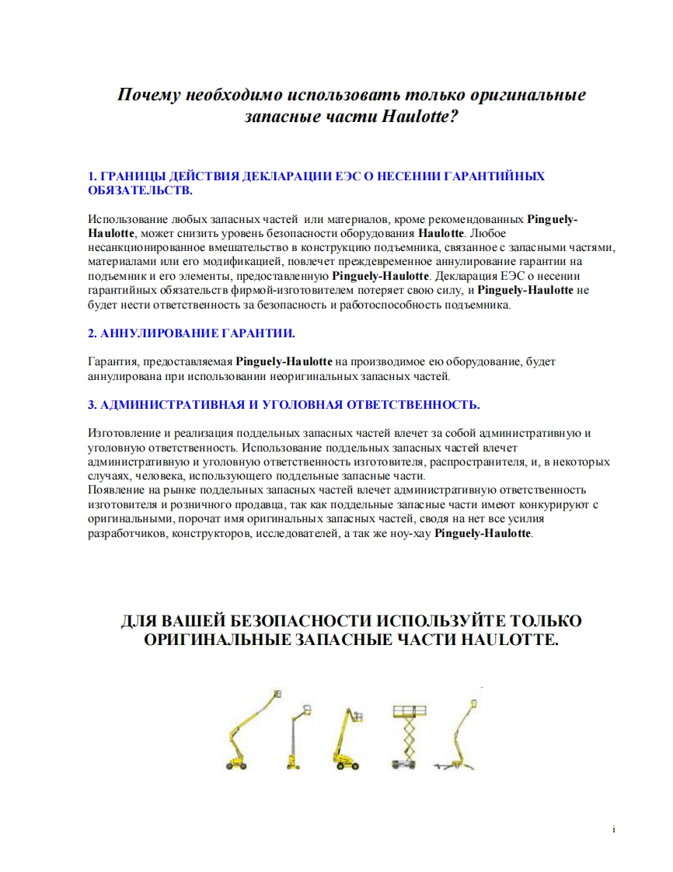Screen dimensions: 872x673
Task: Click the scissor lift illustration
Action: pyautogui.click(x=410, y=736)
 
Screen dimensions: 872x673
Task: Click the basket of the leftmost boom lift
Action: pyautogui.click(x=277, y=694)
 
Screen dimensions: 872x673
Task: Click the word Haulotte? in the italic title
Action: pyautogui.click(x=420, y=117)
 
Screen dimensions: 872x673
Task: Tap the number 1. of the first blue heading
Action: pyautogui.click(x=93, y=176)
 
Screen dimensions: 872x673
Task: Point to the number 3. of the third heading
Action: pyautogui.click(x=93, y=405)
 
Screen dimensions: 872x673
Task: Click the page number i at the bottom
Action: pyautogui.click(x=614, y=830)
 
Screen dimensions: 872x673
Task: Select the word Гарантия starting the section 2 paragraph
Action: pyautogui.click(x=110, y=362)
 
